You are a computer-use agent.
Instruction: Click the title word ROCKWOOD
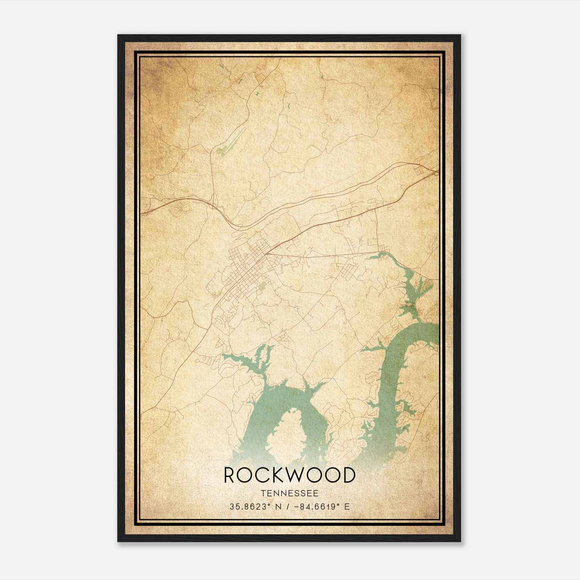pos(289,475)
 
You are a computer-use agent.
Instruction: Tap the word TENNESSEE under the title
pos(289,493)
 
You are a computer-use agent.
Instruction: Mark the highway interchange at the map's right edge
pos(436,173)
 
